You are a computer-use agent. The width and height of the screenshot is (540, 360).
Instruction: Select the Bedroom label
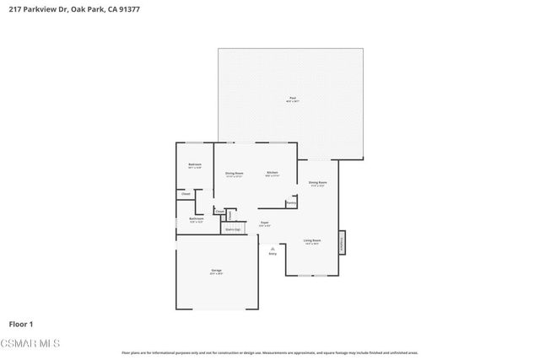(x=194, y=164)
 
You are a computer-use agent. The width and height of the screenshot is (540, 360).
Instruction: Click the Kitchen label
(x=273, y=173)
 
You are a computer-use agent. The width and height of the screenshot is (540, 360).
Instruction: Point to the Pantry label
(x=291, y=202)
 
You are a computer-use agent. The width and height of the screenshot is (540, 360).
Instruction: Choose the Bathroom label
(x=197, y=219)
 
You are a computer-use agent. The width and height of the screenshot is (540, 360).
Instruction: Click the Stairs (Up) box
(x=232, y=228)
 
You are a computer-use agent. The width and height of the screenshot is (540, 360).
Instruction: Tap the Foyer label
(x=264, y=223)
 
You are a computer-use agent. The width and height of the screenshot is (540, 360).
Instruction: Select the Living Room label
(x=312, y=241)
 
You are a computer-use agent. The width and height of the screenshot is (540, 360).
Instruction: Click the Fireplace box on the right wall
(x=343, y=242)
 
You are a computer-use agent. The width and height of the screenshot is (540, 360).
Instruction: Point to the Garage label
(x=216, y=271)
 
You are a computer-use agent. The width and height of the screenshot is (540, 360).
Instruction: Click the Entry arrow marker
(x=273, y=250)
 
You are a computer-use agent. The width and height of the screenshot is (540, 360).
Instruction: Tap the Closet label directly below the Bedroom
(x=186, y=194)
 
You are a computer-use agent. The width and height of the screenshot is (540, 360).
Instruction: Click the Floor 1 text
(x=20, y=323)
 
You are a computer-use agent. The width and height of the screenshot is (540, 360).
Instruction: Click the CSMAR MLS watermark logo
(x=30, y=342)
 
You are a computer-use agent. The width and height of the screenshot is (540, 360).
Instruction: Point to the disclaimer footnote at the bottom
(x=269, y=352)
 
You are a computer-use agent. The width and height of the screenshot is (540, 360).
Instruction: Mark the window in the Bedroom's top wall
(x=194, y=142)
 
